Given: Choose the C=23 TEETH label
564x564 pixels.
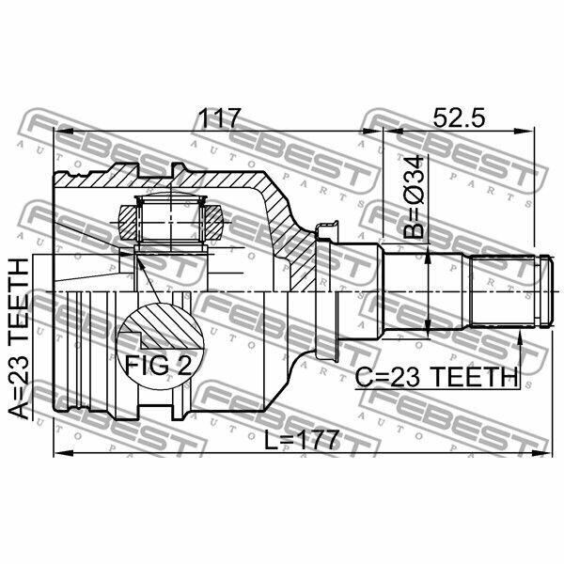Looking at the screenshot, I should (437, 378).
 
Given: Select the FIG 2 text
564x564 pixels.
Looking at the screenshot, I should (158, 366).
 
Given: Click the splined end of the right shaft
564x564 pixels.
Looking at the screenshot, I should (503, 290).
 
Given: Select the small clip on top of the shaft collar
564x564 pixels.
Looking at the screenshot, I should (326, 230).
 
